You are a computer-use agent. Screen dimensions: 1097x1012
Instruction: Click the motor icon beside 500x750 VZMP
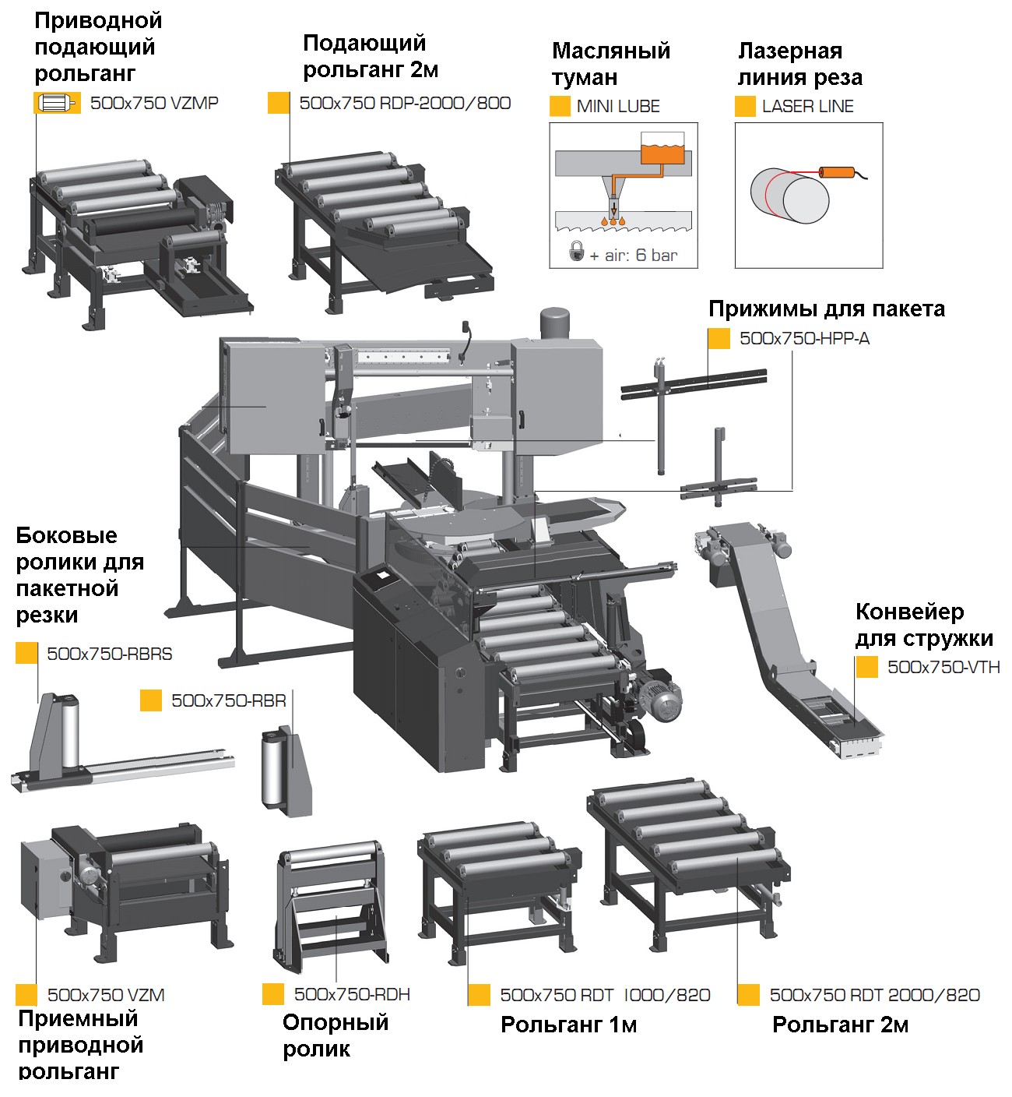pyautogui.click(x=57, y=103)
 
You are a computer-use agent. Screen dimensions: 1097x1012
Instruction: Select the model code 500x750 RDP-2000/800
pyautogui.click(x=405, y=103)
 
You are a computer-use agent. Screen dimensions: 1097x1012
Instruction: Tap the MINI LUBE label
pyautogui.click(x=618, y=107)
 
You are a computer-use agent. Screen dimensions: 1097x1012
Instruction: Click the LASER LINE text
pyautogui.click(x=807, y=107)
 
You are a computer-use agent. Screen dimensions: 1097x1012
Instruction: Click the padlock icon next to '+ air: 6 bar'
pyautogui.click(x=576, y=251)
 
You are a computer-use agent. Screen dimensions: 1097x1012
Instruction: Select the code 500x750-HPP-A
pyautogui.click(x=804, y=338)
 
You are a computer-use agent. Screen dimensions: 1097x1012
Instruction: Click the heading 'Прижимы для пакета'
pyautogui.click(x=826, y=309)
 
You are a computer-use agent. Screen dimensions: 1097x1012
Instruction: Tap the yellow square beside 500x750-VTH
pyautogui.click(x=866, y=667)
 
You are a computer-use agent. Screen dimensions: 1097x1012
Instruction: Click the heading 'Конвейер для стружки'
pyautogui.click(x=924, y=625)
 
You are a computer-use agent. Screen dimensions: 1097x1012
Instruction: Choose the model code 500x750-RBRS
pyautogui.click(x=109, y=654)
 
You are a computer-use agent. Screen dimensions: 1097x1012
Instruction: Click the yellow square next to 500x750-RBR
pyautogui.click(x=151, y=700)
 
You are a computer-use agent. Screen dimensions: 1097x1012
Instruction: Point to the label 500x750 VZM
pyautogui.click(x=106, y=995)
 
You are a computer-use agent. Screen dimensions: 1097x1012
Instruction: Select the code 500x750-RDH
pyautogui.click(x=352, y=994)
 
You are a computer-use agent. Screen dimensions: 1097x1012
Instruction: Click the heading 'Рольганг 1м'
pyautogui.click(x=568, y=1025)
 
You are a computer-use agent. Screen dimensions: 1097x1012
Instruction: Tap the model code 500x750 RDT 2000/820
pyautogui.click(x=874, y=995)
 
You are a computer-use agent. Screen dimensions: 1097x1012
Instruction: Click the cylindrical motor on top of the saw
pyautogui.click(x=556, y=322)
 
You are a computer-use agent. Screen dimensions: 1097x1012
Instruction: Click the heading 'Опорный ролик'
pyautogui.click(x=335, y=1035)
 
